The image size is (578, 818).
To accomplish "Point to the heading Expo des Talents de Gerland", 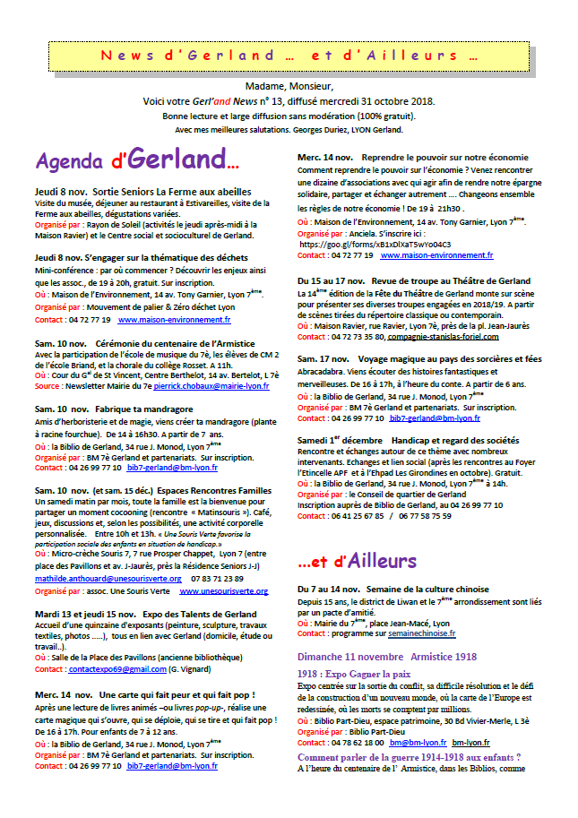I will (194, 614).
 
